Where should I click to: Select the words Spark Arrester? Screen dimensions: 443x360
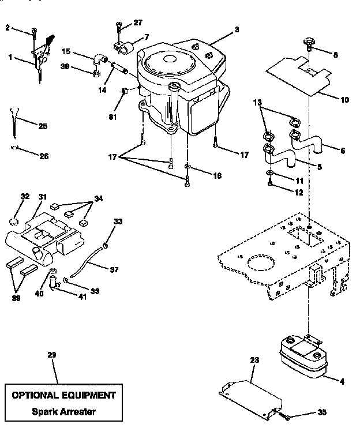coord(63,412)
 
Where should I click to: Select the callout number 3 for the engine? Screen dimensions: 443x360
coord(221,28)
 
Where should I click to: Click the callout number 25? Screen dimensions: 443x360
coord(43,126)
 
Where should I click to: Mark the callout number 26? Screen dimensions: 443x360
coord(43,156)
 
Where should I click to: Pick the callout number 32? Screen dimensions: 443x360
coord(24,197)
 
